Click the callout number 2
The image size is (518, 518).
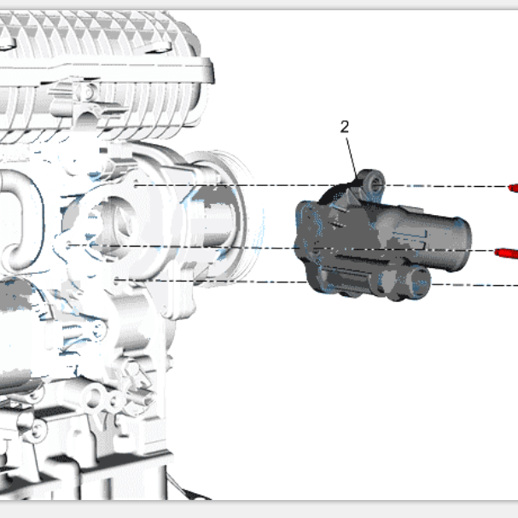click(x=344, y=127)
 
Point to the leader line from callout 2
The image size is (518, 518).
click(x=352, y=159)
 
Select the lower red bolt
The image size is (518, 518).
click(x=506, y=253)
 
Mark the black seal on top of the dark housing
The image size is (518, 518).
click(x=334, y=192)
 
